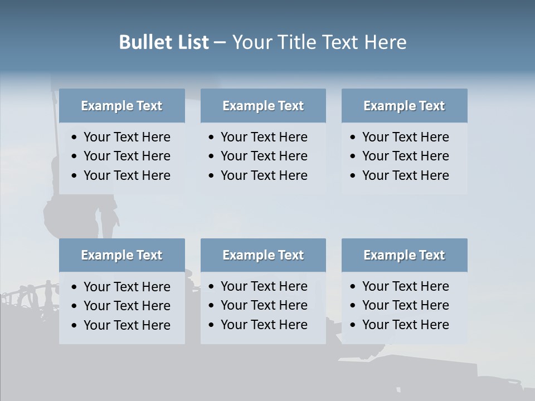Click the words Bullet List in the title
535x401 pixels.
coord(164,42)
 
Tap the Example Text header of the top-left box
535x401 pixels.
coord(121,106)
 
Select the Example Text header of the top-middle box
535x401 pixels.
coord(263,106)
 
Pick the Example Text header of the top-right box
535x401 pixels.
coord(404,106)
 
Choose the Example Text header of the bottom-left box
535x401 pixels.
coord(121,255)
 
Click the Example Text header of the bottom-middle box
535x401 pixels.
coord(263,255)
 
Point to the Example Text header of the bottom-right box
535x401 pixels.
coord(404,255)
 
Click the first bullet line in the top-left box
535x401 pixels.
coord(127,137)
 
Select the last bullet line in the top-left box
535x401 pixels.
coord(127,175)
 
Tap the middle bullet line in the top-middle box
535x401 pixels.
coord(264,156)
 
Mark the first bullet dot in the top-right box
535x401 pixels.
coord(353,138)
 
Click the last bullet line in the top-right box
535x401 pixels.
coord(405,175)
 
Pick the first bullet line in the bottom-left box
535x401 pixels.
coord(127,287)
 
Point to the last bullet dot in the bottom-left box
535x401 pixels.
coord(75,325)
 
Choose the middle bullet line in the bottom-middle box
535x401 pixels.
coord(264,305)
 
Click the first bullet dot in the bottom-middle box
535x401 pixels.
coord(211,287)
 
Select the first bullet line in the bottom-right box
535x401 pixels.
coord(405,286)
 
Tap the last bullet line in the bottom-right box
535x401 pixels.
coord(405,325)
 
